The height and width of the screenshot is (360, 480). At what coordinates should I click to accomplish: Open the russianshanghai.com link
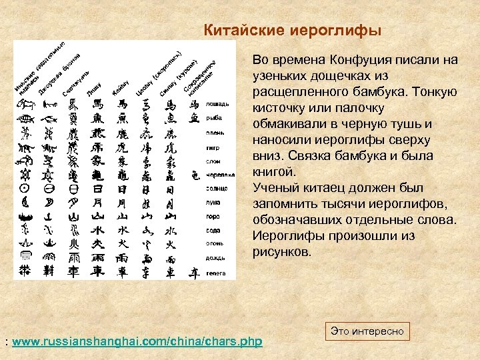137,342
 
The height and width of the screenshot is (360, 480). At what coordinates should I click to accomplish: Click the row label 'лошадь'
218,104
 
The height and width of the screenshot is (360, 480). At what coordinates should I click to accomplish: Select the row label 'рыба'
214,119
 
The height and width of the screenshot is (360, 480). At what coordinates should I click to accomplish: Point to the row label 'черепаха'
221,175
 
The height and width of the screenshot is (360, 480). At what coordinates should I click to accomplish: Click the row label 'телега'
216,273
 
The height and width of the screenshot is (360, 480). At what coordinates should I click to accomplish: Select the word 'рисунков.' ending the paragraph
282,252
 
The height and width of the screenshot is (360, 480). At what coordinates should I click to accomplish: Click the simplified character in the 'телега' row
194,272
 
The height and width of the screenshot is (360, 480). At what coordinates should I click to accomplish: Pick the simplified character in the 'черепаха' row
194,175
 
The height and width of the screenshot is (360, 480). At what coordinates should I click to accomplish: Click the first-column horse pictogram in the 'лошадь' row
25,104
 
